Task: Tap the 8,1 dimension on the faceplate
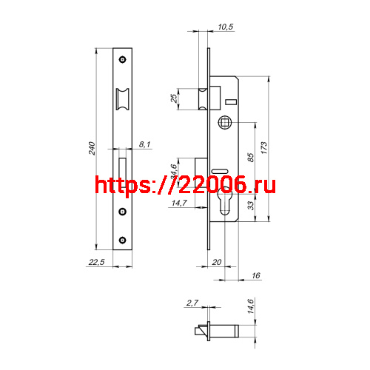click(x=144, y=145)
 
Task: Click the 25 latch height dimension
click(x=175, y=98)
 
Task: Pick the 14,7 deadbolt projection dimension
click(x=179, y=203)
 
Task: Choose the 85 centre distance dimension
click(x=250, y=156)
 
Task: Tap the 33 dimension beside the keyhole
click(x=250, y=204)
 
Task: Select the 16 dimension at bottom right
click(x=256, y=275)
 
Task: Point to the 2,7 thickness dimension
click(x=192, y=303)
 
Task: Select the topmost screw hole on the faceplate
click(x=123, y=59)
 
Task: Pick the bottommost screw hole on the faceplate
click(x=123, y=240)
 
